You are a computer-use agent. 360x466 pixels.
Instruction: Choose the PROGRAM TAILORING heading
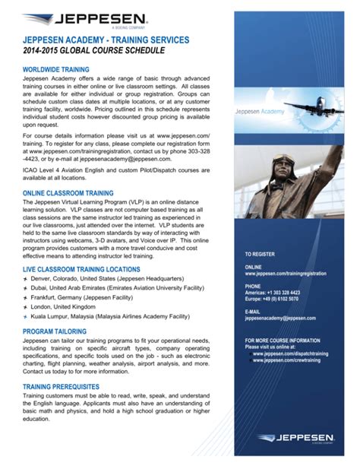(58, 331)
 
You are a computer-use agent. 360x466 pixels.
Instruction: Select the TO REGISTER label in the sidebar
(261, 253)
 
